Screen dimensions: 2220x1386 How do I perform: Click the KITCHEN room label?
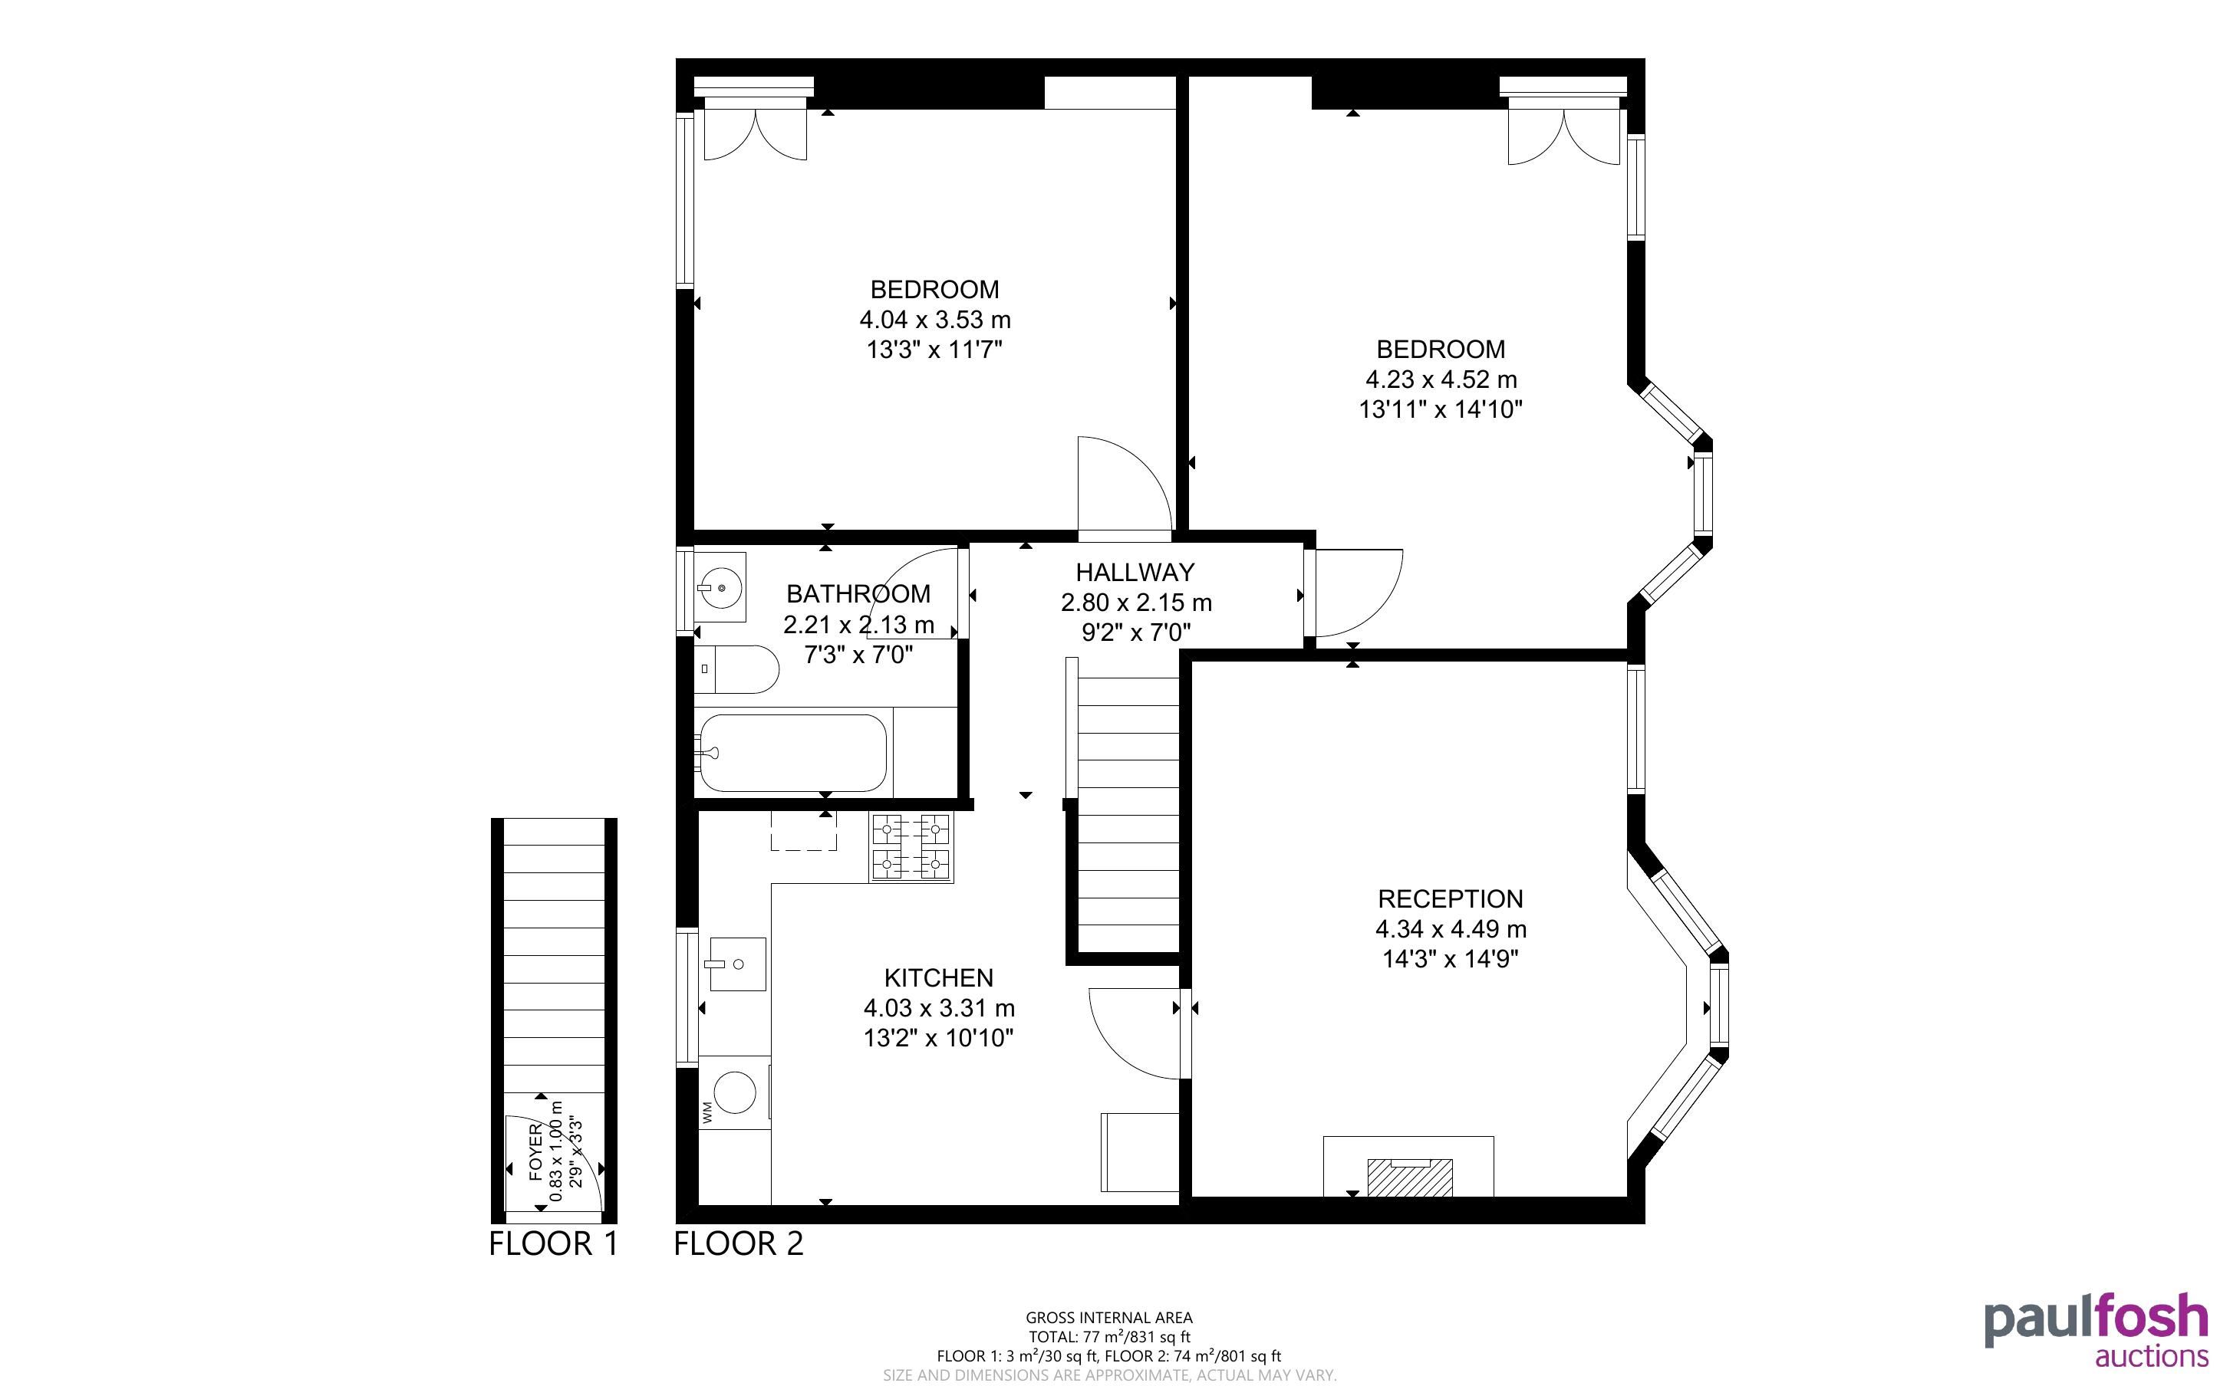(938, 977)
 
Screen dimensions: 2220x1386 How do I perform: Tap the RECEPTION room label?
(1450, 898)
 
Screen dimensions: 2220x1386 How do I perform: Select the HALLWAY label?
(1135, 572)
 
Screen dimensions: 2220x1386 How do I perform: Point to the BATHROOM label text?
(858, 594)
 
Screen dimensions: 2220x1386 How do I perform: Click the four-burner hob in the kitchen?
(911, 847)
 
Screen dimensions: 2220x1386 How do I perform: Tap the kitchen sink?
(737, 964)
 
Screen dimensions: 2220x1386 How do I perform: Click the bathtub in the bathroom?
(792, 753)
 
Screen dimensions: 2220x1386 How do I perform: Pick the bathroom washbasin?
(721, 586)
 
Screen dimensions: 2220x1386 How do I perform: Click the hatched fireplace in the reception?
(1409, 1177)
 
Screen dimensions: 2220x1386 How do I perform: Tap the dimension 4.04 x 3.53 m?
(934, 320)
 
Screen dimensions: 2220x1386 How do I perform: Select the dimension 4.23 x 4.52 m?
(1441, 379)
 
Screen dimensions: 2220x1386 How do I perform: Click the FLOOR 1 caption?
(554, 1244)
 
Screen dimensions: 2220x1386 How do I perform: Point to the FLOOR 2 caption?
(738, 1244)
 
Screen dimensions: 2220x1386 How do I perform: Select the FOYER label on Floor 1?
(535, 1152)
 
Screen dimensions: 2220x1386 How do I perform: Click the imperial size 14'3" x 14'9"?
(1450, 959)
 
